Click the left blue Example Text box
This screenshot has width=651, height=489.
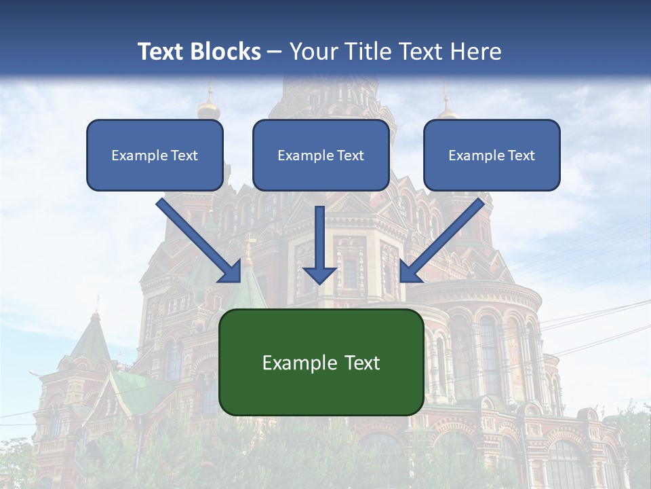155,156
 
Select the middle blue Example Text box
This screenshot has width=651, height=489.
321,156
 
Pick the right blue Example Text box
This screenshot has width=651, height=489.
492,156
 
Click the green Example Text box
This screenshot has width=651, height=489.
321,363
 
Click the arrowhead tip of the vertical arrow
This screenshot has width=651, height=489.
319,282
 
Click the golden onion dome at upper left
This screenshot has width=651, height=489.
208,108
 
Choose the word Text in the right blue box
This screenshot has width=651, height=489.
521,156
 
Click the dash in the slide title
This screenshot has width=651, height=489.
275,52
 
